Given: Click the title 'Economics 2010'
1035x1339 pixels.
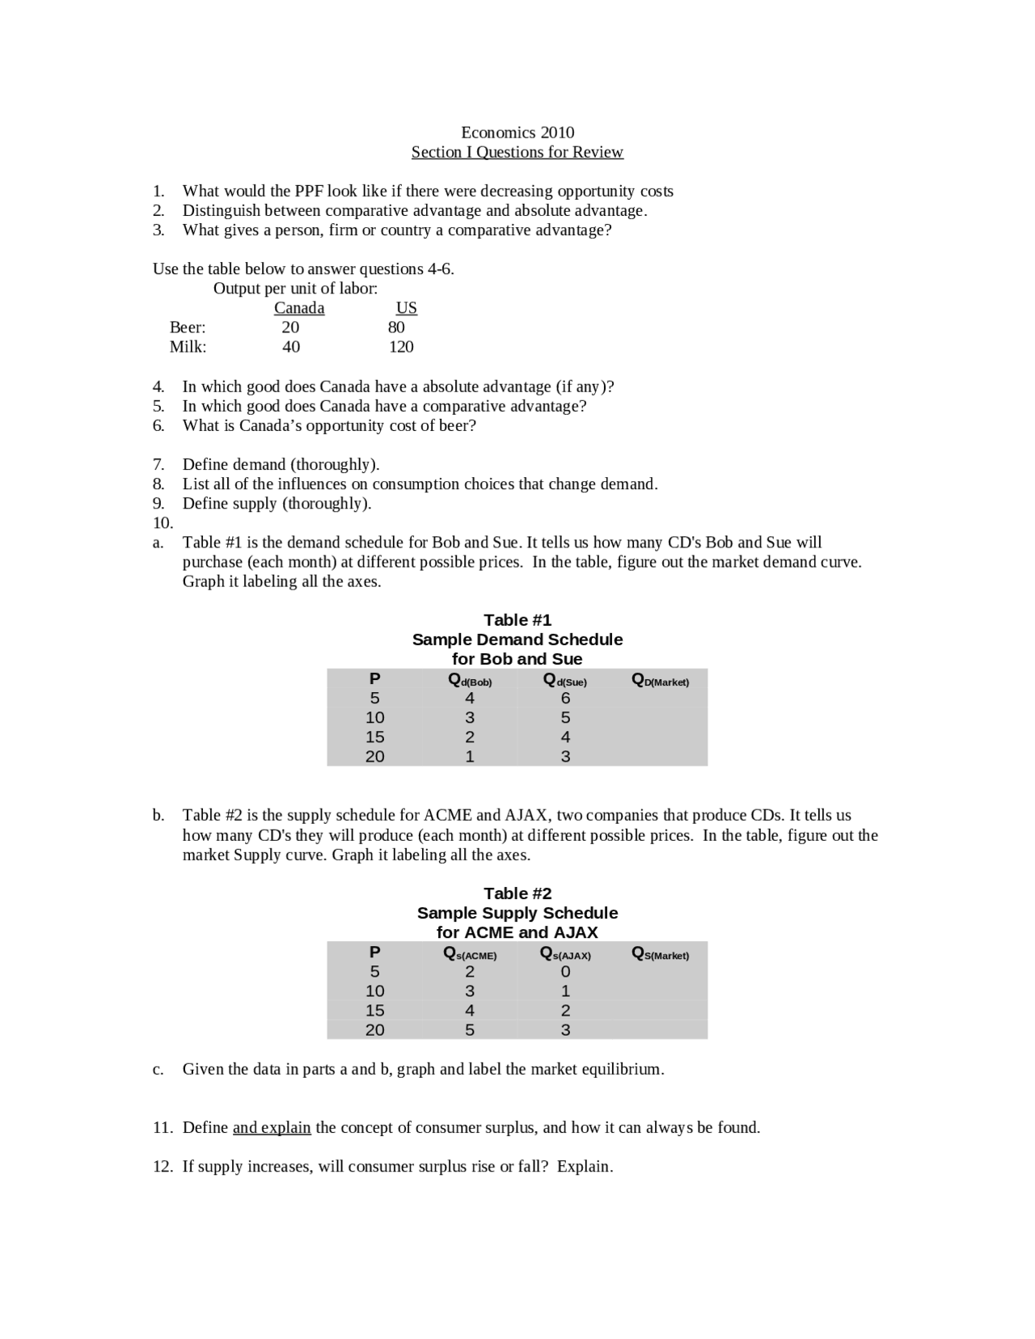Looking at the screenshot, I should click(x=517, y=133).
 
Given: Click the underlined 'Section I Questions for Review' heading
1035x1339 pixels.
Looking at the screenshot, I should click(x=517, y=152).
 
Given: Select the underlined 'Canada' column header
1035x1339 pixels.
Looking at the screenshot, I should click(x=299, y=308).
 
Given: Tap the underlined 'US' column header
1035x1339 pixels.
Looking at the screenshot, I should click(x=406, y=308).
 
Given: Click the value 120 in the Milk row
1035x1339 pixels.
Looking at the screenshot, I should click(x=401, y=347).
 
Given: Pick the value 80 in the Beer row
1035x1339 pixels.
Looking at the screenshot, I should click(x=396, y=327).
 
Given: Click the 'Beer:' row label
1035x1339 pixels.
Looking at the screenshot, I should click(x=188, y=327).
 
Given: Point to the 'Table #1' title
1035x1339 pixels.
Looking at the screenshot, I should click(x=517, y=620).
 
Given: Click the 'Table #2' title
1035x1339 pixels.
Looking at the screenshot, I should click(x=517, y=893).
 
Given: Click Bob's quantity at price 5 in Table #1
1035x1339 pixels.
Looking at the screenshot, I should click(x=470, y=698).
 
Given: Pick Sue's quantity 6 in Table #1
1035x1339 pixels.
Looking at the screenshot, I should click(x=565, y=698).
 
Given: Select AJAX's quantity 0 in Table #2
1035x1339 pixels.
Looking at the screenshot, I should click(x=565, y=971).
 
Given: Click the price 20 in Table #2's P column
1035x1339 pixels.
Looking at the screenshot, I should click(x=374, y=1029).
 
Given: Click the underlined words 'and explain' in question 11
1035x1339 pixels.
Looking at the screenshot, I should click(x=272, y=1127).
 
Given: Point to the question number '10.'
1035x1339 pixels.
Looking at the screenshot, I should click(x=163, y=523).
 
